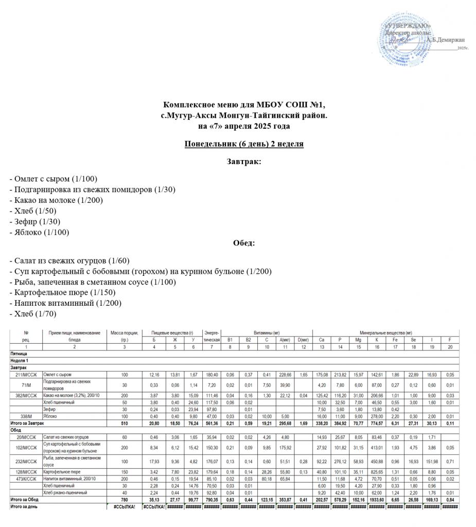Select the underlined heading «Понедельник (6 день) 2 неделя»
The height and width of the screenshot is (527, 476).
pyautogui.click(x=244, y=144)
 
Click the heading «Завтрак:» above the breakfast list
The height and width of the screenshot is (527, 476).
pyautogui.click(x=244, y=162)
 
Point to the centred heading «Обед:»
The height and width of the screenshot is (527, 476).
pyautogui.click(x=244, y=242)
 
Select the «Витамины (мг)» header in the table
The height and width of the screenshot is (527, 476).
pyautogui.click(x=267, y=333)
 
